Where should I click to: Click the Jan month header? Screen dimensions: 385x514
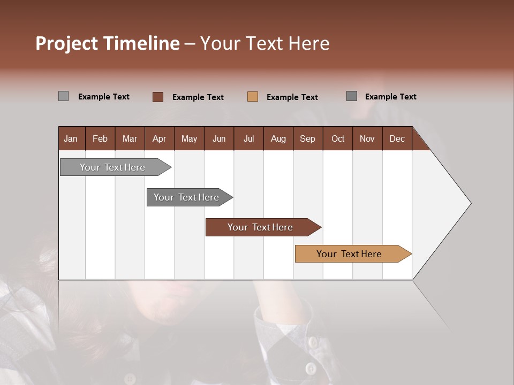pos(71,138)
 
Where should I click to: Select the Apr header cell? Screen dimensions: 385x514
pos(159,138)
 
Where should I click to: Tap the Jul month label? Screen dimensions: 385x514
pos(248,138)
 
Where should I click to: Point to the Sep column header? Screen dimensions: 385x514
pos(307,138)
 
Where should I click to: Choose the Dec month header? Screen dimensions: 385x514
pos(397,138)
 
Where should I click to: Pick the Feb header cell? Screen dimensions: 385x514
pos(100,138)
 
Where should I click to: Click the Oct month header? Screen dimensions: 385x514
pos(338,138)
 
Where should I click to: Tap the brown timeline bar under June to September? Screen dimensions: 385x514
pos(261,227)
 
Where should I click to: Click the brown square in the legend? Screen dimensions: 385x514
pos(158,97)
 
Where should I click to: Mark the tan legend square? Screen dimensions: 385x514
pos(253,97)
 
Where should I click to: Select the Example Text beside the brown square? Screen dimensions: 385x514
pos(198,97)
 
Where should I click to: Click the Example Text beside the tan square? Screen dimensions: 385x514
pos(292,97)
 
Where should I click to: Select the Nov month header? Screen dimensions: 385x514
pos(367,138)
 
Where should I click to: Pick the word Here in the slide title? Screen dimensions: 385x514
pos(309,43)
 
